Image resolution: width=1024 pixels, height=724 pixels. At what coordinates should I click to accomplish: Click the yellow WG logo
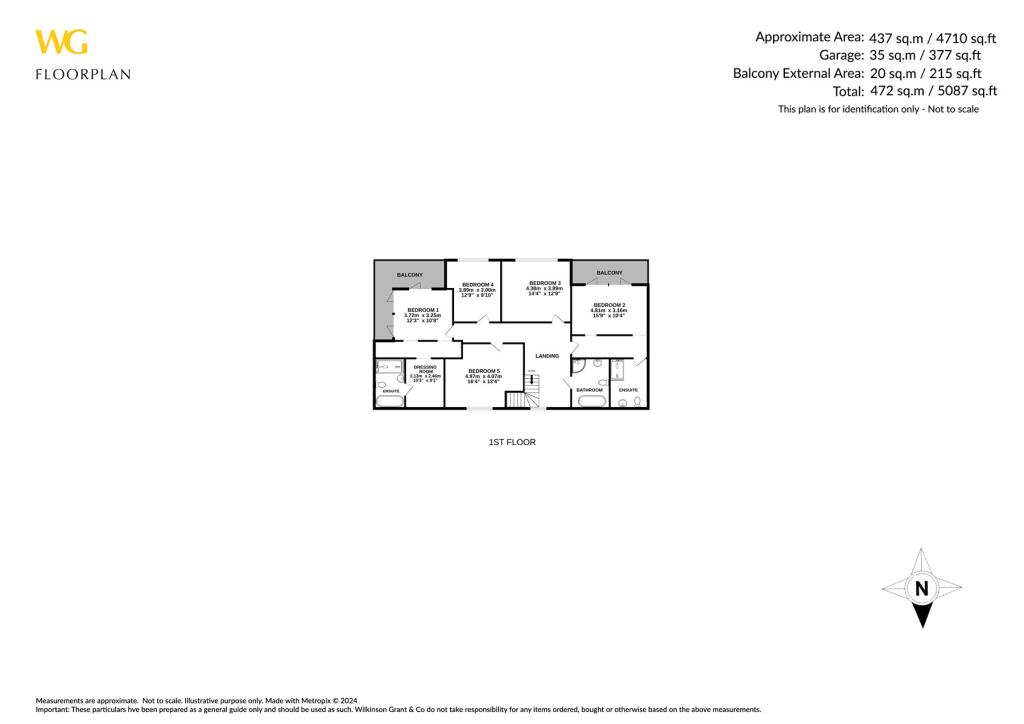coord(61,42)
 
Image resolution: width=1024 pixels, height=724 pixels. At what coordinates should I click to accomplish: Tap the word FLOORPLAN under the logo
coord(82,74)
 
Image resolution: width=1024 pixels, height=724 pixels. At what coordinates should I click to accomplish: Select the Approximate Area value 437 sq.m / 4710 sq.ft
coord(932,37)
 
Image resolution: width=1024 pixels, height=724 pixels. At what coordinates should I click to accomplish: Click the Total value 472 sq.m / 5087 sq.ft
coord(932,90)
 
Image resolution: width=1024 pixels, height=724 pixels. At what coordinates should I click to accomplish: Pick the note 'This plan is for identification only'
coord(878,109)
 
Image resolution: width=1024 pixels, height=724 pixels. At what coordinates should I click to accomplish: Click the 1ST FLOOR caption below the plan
coord(511,442)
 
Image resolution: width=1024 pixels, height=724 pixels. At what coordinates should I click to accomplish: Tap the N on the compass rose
coord(921,588)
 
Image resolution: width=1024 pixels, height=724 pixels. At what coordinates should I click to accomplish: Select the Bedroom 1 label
coord(422,310)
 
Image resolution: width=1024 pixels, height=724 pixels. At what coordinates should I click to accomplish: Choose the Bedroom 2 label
coord(609,305)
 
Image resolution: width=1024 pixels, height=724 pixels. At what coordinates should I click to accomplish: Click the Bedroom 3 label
coord(545,283)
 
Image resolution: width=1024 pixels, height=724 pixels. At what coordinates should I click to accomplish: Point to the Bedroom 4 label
coord(478,285)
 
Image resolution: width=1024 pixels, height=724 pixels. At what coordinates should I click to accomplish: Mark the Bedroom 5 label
coord(483,371)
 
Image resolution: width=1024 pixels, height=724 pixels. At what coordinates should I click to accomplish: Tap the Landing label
coord(547,356)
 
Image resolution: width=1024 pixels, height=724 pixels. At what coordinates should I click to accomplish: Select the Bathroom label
coord(589,390)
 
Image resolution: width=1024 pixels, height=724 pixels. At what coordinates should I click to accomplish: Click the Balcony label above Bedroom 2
coord(609,273)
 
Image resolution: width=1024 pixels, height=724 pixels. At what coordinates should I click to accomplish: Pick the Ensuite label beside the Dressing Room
coord(391,391)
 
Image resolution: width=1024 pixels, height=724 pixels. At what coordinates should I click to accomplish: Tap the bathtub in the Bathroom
coord(589,401)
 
